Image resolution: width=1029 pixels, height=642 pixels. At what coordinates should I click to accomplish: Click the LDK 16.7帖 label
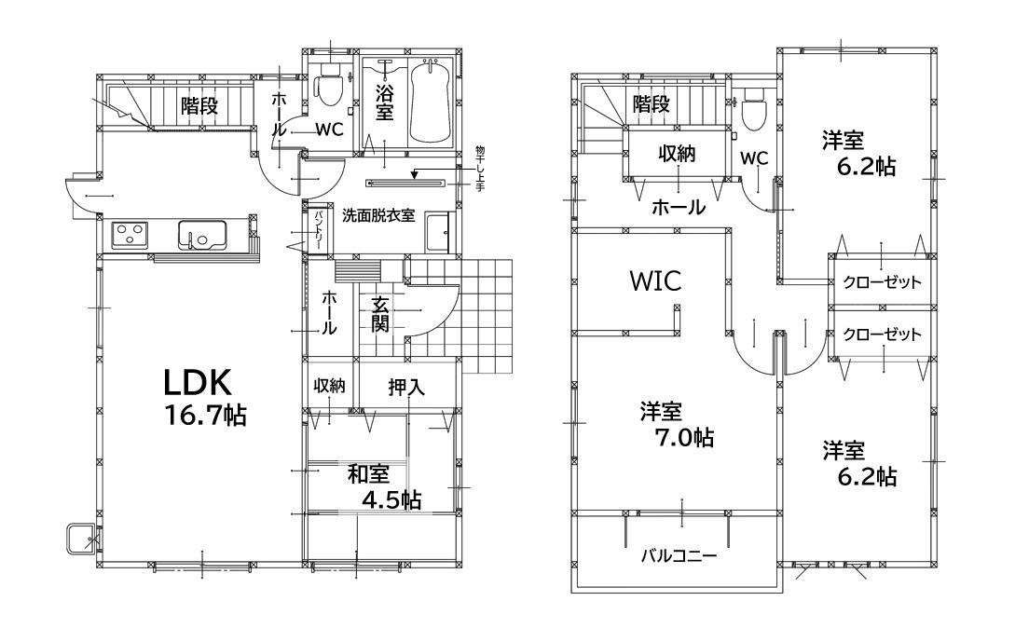pos(204,397)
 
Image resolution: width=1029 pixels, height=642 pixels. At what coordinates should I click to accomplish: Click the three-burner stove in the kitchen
pos(130,235)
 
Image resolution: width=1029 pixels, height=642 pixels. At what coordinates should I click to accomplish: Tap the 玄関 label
pos(380,315)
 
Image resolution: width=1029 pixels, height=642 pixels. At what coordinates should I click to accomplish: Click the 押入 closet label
pos(407,387)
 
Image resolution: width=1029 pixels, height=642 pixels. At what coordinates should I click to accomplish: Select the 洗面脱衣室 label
pos(378,216)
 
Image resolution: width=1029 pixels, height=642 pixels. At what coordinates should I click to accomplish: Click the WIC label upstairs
pos(655,280)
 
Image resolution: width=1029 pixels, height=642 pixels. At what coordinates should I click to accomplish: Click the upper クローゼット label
pos(882,282)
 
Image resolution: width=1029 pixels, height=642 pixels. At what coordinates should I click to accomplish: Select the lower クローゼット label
pos(882,335)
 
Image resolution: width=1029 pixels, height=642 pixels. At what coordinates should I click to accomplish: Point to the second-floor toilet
pos(754,109)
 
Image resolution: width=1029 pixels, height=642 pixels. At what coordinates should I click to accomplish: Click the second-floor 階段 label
pos(652,103)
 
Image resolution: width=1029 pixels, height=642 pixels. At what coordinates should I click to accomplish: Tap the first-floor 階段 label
pos(199,105)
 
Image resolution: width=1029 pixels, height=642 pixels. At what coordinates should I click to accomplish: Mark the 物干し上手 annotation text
pos(480,170)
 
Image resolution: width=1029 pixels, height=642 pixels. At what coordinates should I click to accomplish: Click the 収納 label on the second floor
pos(677,154)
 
